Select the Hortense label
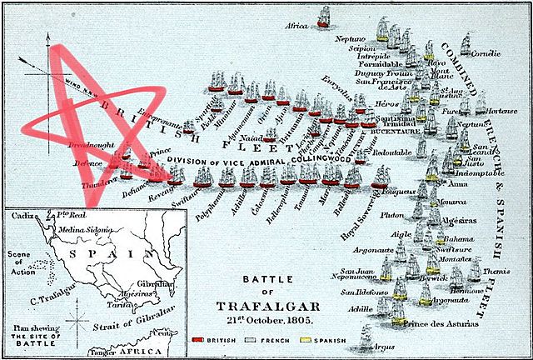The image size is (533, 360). tap(502, 111)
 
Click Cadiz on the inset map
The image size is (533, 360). tap(22, 215)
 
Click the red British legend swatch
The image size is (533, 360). tap(197, 341)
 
